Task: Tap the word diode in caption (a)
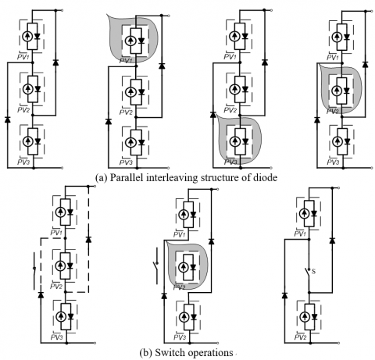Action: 265,178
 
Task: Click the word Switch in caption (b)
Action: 167,353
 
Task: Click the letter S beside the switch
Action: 313,272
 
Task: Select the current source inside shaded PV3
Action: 235,141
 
